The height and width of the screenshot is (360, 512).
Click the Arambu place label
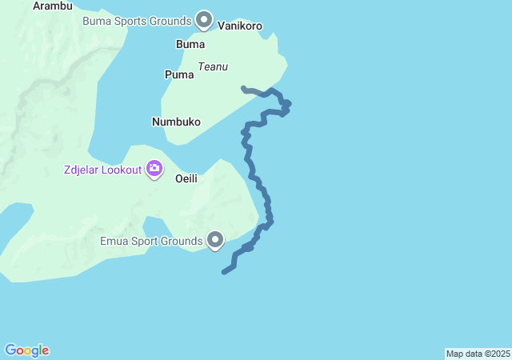pyautogui.click(x=53, y=6)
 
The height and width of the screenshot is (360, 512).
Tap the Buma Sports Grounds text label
pyautogui.click(x=137, y=19)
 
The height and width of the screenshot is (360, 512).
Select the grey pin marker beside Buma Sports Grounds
pyautogui.click(x=204, y=18)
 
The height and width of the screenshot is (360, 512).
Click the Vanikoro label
pyautogui.click(x=241, y=26)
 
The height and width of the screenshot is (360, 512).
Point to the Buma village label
pyautogui.click(x=190, y=44)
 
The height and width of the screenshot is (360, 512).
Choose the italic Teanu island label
pyautogui.click(x=213, y=67)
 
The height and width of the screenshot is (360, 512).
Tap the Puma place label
pyautogui.click(x=179, y=74)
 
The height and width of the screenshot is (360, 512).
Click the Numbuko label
pyautogui.click(x=176, y=122)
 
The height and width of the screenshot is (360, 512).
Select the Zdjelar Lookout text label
pyautogui.click(x=102, y=170)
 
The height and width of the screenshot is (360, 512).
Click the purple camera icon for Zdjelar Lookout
pyautogui.click(x=154, y=169)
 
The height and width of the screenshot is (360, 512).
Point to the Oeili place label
pyautogui.click(x=186, y=178)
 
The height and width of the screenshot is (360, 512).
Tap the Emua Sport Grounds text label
pyautogui.click(x=151, y=240)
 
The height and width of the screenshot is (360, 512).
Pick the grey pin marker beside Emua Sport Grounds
pyautogui.click(x=215, y=239)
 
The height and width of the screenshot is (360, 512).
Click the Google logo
pyautogui.click(x=26, y=350)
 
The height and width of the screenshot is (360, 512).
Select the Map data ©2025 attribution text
pyautogui.click(x=478, y=354)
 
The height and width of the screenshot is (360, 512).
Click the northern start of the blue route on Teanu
pyautogui.click(x=242, y=87)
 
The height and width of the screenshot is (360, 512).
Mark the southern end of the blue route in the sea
pyautogui.click(x=224, y=273)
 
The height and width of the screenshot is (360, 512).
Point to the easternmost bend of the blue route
pyautogui.click(x=288, y=103)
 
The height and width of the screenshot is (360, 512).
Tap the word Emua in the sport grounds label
pyautogui.click(x=114, y=240)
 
